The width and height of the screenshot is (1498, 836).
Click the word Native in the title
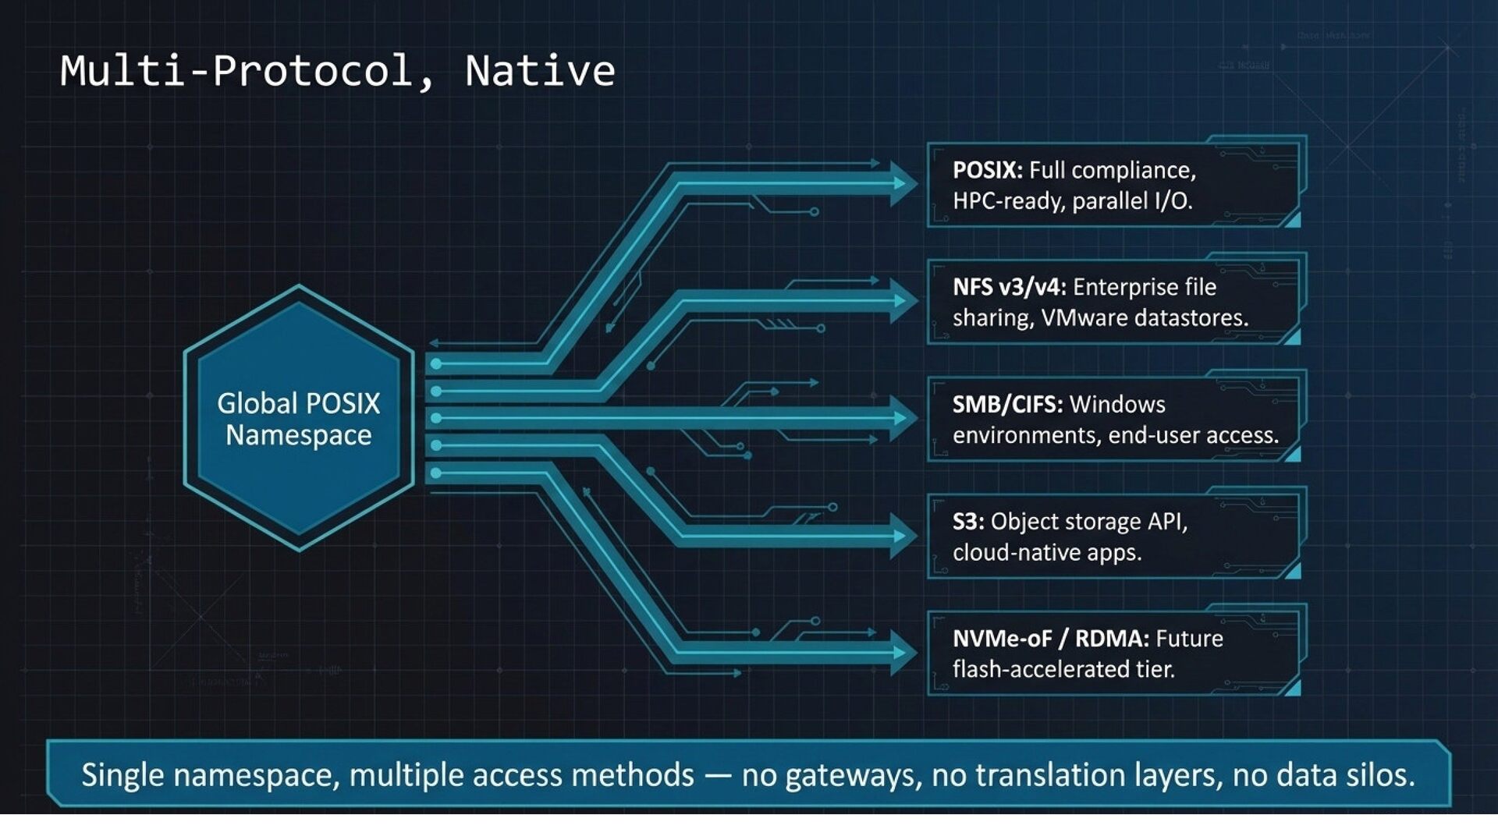(540, 71)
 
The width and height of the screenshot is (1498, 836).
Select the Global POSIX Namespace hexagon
(298, 419)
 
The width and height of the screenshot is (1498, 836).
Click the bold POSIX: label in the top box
(987, 170)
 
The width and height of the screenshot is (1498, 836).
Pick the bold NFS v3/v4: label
(1009, 287)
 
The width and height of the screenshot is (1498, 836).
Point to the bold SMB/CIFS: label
(1007, 404)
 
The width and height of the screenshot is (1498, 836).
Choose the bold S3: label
(967, 521)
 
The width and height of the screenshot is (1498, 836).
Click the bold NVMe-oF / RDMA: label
(1050, 639)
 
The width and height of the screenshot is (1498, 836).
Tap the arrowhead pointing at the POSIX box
(904, 184)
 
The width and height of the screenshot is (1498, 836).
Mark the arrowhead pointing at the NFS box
(904, 301)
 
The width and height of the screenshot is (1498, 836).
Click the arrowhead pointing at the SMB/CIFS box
(904, 418)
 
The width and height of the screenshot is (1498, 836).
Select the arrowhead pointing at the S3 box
(904, 536)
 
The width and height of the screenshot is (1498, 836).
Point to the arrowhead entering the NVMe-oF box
(904, 653)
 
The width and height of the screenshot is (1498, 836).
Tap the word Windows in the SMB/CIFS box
(1117, 404)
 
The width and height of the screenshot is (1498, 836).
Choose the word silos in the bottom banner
(1380, 775)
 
